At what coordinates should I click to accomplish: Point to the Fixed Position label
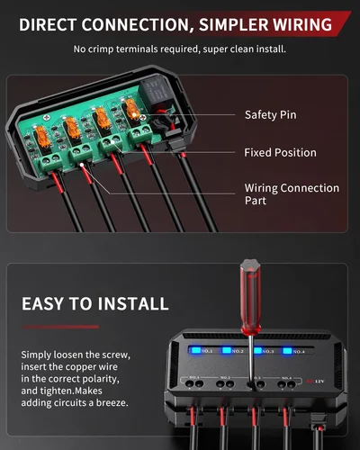point(280,153)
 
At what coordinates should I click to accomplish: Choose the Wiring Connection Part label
point(292,195)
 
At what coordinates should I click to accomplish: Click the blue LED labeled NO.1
point(191,350)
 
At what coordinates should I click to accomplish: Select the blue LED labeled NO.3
point(258,350)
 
